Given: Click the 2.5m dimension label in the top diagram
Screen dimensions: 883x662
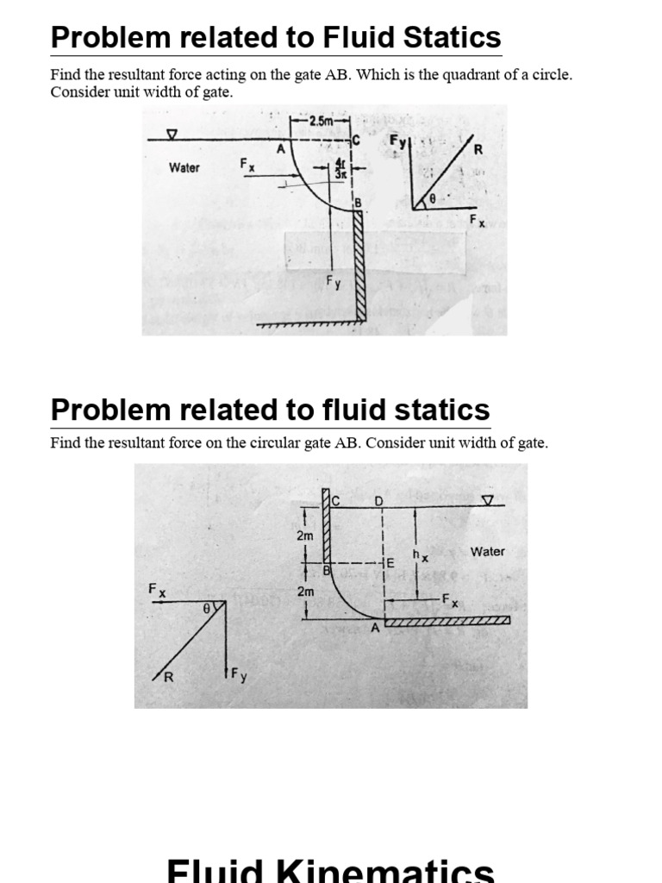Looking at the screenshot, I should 320,122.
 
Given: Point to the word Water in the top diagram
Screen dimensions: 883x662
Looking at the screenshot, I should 184,167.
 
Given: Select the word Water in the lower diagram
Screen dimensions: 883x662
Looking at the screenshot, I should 488,551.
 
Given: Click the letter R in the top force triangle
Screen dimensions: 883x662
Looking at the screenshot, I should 478,149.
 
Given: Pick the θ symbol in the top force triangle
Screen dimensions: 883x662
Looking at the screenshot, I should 434,198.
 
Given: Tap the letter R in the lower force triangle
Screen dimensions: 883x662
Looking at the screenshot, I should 169,677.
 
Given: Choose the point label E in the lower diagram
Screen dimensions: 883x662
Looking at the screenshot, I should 390,562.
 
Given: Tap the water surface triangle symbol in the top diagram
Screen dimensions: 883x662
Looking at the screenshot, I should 173,135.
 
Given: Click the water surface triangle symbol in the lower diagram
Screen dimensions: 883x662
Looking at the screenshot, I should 488,500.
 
